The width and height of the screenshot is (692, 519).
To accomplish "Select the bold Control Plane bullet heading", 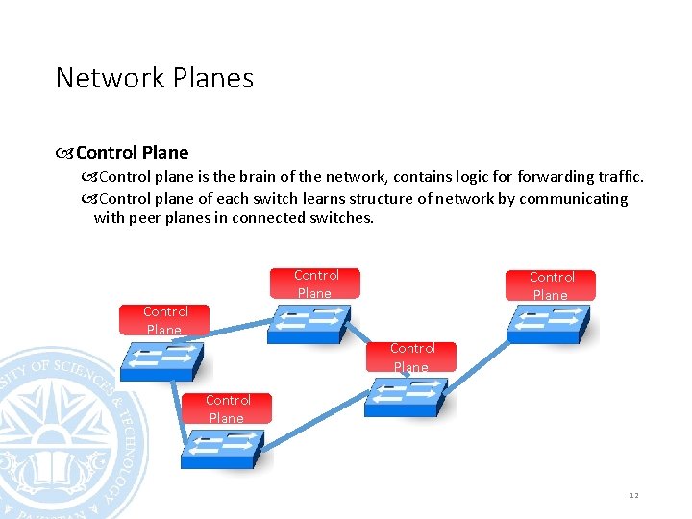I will (x=132, y=152).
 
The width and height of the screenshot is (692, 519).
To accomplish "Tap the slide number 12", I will (x=633, y=495).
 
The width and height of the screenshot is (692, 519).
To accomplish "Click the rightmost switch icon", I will (x=550, y=325).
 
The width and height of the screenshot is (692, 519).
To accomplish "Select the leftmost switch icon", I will (x=161, y=360).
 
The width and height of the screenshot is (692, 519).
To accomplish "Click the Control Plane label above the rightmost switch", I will (x=551, y=285).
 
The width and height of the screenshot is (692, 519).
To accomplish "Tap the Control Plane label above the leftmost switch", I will (x=164, y=320).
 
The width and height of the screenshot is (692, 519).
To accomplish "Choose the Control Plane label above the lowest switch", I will (x=228, y=408).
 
